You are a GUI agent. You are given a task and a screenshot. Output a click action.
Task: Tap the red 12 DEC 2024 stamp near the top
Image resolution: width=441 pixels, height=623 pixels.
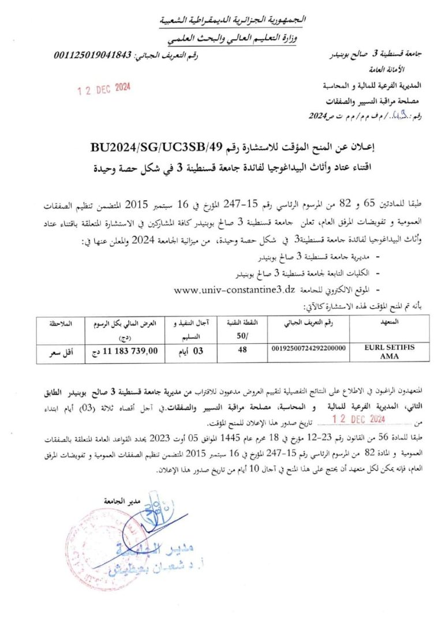click(104, 88)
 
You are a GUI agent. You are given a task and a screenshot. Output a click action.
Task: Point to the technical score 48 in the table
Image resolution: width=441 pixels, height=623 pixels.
click(241, 348)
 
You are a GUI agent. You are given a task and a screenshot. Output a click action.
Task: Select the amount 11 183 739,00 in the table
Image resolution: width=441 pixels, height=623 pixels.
click(122, 349)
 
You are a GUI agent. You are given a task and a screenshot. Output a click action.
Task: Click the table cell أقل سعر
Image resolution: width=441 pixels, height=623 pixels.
click(60, 349)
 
